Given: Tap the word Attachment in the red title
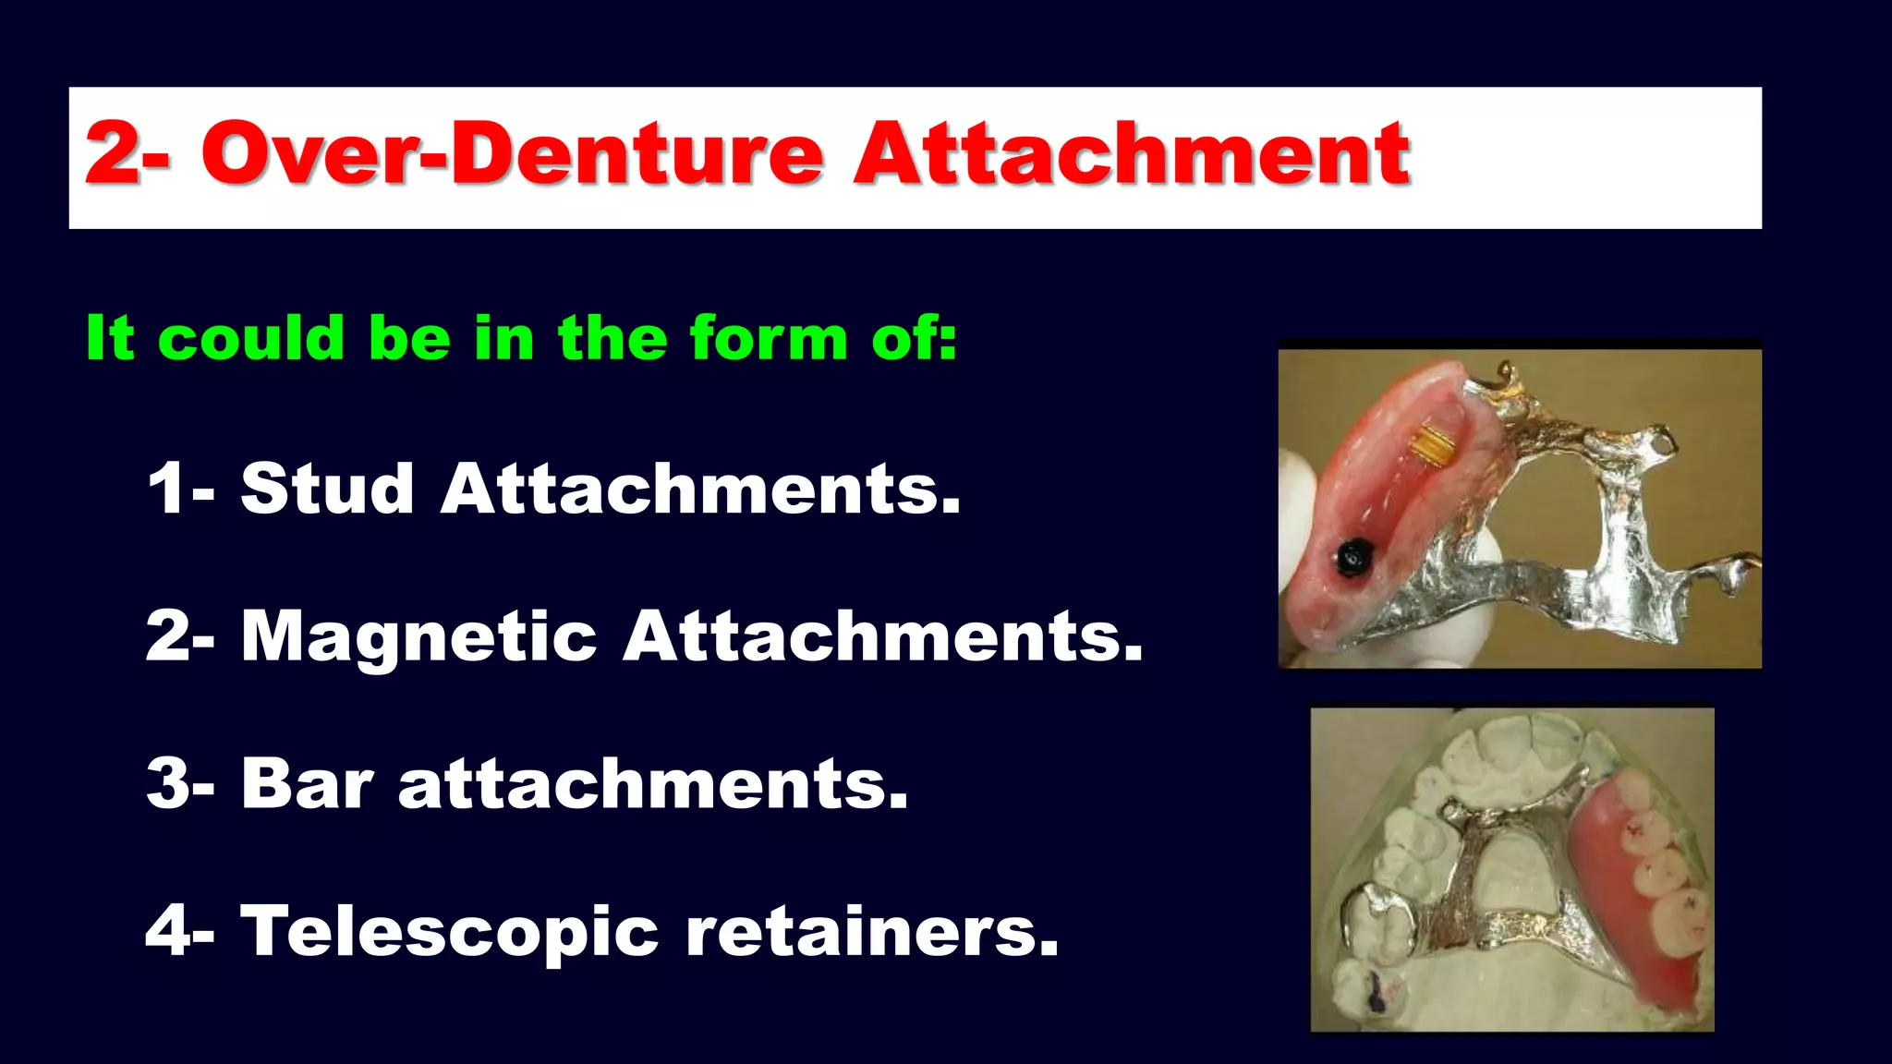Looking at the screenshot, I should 1132,153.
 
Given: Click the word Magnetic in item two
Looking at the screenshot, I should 418,636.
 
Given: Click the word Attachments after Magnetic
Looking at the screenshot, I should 882,636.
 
